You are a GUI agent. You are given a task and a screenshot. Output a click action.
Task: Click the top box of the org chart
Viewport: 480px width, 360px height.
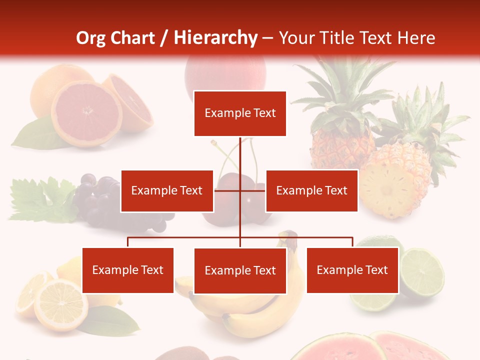pyautogui.click(x=240, y=113)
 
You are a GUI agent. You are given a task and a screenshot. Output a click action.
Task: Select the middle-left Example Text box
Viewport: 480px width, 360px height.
pyautogui.click(x=167, y=190)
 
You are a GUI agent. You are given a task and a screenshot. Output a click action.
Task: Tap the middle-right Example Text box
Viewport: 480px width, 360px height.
pyautogui.click(x=311, y=190)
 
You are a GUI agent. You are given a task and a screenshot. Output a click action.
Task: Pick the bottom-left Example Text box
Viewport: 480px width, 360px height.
pyautogui.click(x=128, y=270)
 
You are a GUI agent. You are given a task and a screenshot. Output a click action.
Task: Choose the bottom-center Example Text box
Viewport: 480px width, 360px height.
pyautogui.click(x=240, y=270)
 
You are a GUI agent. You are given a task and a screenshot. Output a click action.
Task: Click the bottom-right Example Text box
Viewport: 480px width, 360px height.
pyautogui.click(x=352, y=270)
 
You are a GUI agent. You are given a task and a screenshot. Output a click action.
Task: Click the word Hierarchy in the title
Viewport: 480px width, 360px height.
pyautogui.click(x=215, y=38)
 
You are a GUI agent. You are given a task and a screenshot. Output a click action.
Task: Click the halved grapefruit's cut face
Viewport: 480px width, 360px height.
pyautogui.click(x=86, y=112)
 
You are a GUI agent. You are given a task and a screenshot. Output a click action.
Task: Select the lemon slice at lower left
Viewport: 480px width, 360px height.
pyautogui.click(x=60, y=304)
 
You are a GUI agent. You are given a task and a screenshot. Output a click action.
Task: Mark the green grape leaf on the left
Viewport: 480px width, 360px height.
pyautogui.click(x=40, y=200)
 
